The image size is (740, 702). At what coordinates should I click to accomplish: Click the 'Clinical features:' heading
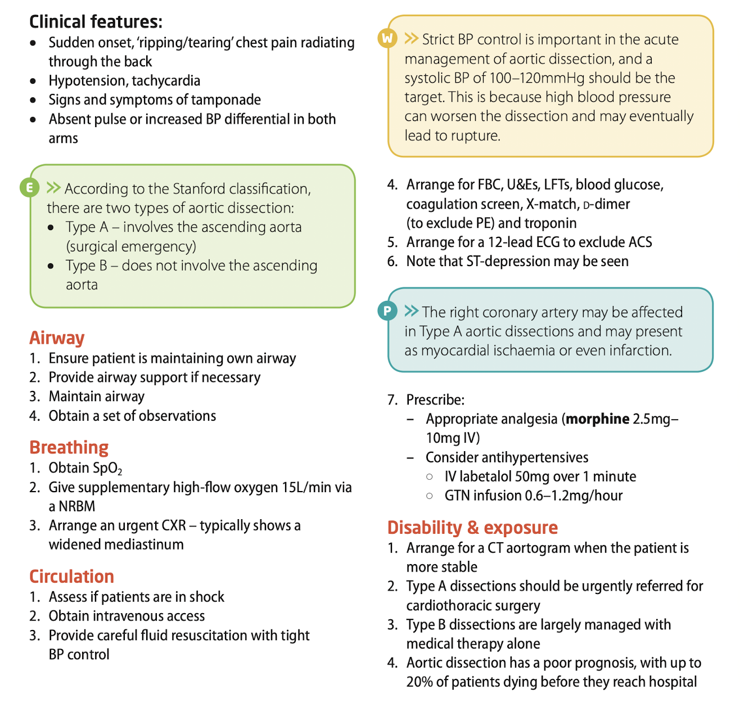click(x=96, y=22)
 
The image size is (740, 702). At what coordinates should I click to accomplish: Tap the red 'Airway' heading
click(x=57, y=337)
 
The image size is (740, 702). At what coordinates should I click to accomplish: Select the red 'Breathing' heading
click(x=69, y=447)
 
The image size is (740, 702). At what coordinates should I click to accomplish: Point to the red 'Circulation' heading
click(x=71, y=577)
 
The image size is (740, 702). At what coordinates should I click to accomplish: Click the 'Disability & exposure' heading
click(x=472, y=528)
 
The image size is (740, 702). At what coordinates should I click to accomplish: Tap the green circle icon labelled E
click(x=29, y=187)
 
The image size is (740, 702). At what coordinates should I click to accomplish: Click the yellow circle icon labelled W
click(x=387, y=38)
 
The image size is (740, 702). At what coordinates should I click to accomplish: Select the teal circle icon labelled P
click(x=387, y=310)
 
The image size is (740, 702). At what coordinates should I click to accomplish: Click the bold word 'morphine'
click(x=597, y=419)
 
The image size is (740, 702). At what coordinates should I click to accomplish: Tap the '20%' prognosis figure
click(x=419, y=682)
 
